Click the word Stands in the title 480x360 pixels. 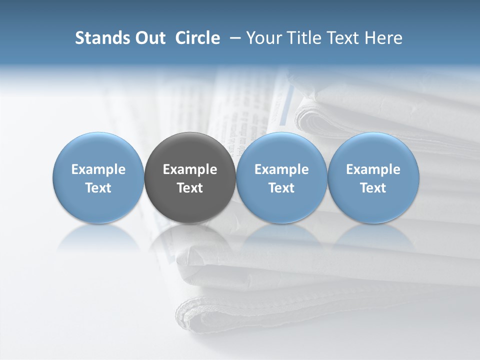click(100, 38)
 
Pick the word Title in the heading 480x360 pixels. click(303, 38)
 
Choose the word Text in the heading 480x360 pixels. click(343, 38)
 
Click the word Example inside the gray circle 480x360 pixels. click(190, 169)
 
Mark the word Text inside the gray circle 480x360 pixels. click(190, 188)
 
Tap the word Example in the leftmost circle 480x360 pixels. click(98, 169)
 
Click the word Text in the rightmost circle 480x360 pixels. click(373, 188)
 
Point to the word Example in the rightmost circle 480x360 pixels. click(373, 169)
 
